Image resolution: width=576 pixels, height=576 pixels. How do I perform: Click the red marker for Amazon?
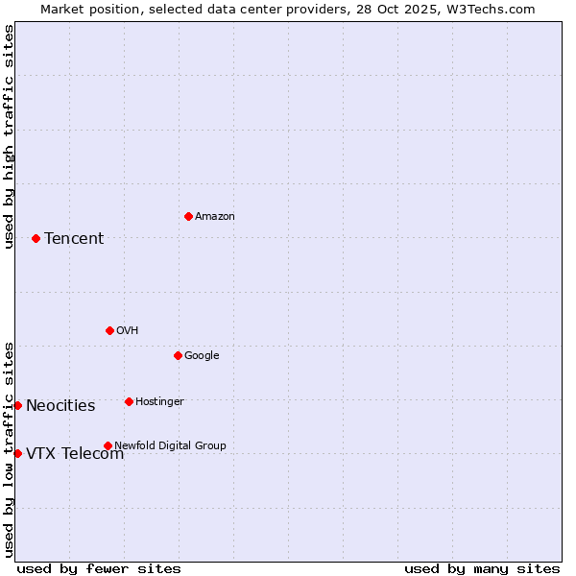(188, 216)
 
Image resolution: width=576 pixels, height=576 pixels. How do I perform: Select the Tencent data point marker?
(36, 238)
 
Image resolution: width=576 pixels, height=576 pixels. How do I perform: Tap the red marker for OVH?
(109, 330)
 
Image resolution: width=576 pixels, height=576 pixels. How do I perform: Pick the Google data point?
(178, 355)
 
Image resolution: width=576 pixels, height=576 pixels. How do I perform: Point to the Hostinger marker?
(129, 401)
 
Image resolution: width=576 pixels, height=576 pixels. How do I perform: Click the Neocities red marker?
(17, 405)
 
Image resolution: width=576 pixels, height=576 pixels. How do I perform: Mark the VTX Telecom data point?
(17, 453)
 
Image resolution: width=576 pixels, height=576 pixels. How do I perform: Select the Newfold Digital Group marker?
(108, 445)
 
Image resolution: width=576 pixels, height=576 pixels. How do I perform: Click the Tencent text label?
(74, 239)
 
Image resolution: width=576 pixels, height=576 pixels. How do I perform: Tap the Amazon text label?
(214, 217)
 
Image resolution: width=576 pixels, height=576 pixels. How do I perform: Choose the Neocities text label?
(60, 406)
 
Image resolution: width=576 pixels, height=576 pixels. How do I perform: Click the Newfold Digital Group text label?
(170, 445)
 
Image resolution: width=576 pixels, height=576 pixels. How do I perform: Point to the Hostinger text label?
(159, 401)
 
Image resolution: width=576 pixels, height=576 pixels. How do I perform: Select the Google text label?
(202, 356)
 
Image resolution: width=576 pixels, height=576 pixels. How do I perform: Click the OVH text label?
(127, 331)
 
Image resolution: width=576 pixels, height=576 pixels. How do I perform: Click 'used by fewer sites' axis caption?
(99, 569)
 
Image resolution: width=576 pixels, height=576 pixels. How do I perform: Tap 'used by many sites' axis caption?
(482, 569)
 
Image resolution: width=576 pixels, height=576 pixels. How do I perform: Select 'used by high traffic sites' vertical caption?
(9, 136)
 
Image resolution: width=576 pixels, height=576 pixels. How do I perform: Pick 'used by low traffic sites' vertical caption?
(9, 448)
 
